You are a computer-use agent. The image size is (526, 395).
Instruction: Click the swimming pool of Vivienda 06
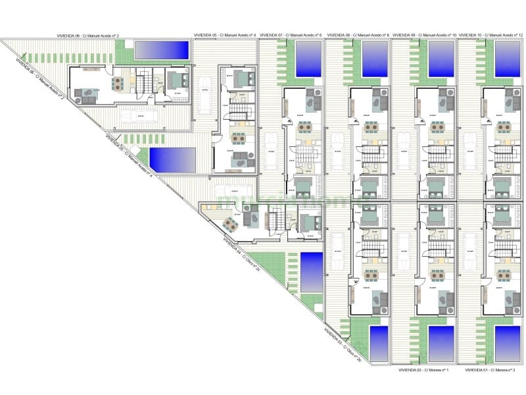pos(160,49)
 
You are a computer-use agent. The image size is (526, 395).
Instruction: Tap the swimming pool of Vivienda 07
pos(308,59)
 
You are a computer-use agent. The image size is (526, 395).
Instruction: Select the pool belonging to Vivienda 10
pos(507,59)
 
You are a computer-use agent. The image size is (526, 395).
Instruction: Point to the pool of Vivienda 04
pos(311,271)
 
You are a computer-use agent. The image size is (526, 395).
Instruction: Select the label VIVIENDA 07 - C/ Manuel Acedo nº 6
pos(291,34)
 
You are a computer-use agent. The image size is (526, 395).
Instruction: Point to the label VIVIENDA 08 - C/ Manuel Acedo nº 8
pos(358,34)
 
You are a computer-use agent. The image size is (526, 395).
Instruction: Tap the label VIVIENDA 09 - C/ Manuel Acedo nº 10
pos(424,34)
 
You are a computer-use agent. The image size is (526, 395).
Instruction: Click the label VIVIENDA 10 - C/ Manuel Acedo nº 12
pos(490,34)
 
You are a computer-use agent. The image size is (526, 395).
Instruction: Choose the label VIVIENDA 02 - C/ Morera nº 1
pos(424,370)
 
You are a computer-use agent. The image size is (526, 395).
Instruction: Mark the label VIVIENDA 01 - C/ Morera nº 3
pos(490,370)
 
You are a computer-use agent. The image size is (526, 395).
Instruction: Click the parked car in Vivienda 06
pos(139,116)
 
